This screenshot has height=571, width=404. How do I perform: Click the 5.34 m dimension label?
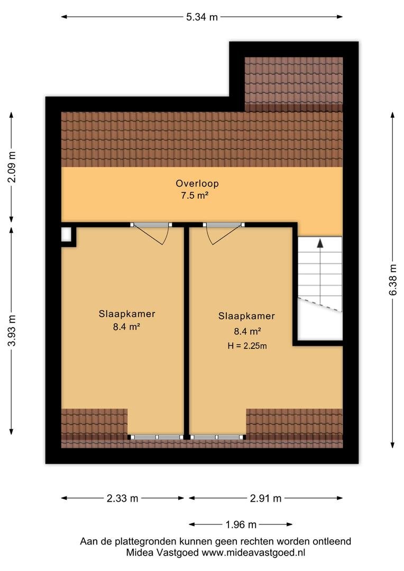pos(202,17)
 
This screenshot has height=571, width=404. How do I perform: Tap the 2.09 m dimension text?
pos(12,167)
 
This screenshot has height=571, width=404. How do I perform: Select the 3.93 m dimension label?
pos(12,330)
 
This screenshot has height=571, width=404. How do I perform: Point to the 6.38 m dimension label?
pos(393,280)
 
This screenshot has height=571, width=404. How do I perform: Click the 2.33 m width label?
pos(122,498)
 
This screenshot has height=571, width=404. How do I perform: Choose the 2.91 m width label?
pos(265,498)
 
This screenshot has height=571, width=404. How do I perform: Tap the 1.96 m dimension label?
pos(241,525)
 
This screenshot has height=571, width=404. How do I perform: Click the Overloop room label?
pos(197,183)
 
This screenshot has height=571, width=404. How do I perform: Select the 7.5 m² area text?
pos(195,196)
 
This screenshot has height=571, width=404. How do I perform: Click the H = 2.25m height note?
pos(247,346)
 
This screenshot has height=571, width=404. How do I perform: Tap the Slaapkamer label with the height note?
pos(246,316)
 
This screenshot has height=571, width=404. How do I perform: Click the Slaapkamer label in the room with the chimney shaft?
pos(127,314)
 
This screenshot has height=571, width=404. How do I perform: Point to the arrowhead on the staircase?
pos(320,243)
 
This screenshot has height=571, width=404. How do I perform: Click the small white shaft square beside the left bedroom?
pos(66,235)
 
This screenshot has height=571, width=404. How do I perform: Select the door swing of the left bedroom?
pos(153,234)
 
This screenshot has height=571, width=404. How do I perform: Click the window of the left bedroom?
pos(156,437)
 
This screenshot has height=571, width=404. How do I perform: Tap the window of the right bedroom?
pos(217,437)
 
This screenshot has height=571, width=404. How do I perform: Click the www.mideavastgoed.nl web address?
pos(253,553)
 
